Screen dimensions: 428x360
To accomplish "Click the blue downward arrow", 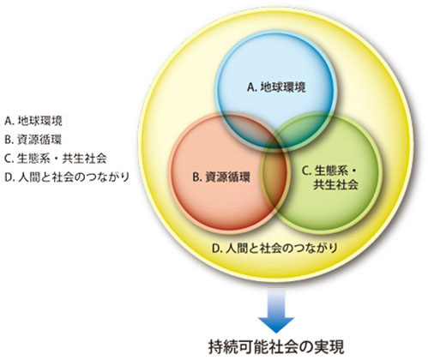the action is tap(276, 310).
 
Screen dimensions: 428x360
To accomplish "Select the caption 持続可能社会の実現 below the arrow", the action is tap(276, 347).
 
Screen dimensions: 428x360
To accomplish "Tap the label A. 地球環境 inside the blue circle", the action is tap(276, 87).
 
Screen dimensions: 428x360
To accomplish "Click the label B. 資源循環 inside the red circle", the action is tap(221, 177).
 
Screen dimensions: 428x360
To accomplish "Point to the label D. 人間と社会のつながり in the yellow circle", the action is tap(274, 248).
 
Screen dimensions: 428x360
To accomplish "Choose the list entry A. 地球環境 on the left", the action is tap(33, 121).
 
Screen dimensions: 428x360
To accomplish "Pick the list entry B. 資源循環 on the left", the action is tap(33, 140).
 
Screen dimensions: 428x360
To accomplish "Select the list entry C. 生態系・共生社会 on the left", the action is tap(56, 159).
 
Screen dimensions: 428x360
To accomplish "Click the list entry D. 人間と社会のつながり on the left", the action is tap(67, 177).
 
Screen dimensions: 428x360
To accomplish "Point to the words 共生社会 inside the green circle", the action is tap(335, 185).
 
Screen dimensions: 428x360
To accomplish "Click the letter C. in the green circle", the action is tap(307, 171).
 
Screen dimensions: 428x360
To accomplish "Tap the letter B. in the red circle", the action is tap(197, 177).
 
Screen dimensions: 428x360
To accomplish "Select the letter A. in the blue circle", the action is tap(252, 87).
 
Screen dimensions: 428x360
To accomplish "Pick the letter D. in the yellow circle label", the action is tap(217, 249).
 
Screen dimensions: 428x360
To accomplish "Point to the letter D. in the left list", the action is tap(10, 177).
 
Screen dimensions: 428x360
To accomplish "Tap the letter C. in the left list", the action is tap(9, 159).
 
